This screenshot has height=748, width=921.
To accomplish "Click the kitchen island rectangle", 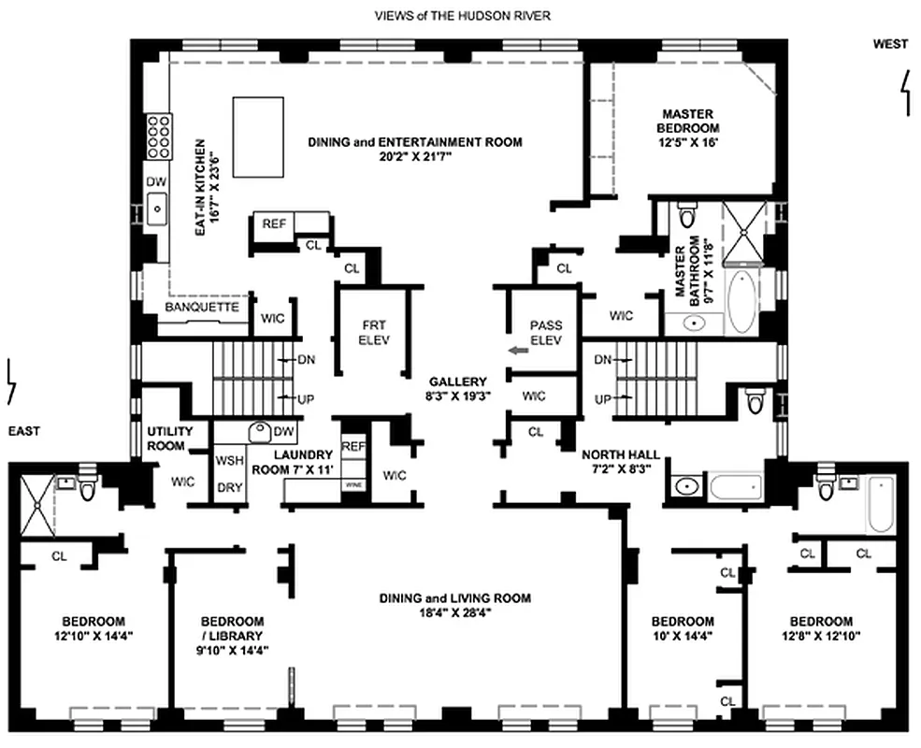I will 257,137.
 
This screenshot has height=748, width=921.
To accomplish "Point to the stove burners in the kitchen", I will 157,138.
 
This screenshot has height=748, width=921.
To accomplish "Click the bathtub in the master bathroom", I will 745,301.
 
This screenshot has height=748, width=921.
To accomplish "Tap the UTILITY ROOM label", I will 170,439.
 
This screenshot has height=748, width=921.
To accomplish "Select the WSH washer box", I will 230,461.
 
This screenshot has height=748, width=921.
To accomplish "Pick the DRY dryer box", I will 230,487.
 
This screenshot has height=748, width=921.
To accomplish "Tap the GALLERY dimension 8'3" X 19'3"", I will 458,396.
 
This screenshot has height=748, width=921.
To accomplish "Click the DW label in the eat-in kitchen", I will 155,181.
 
